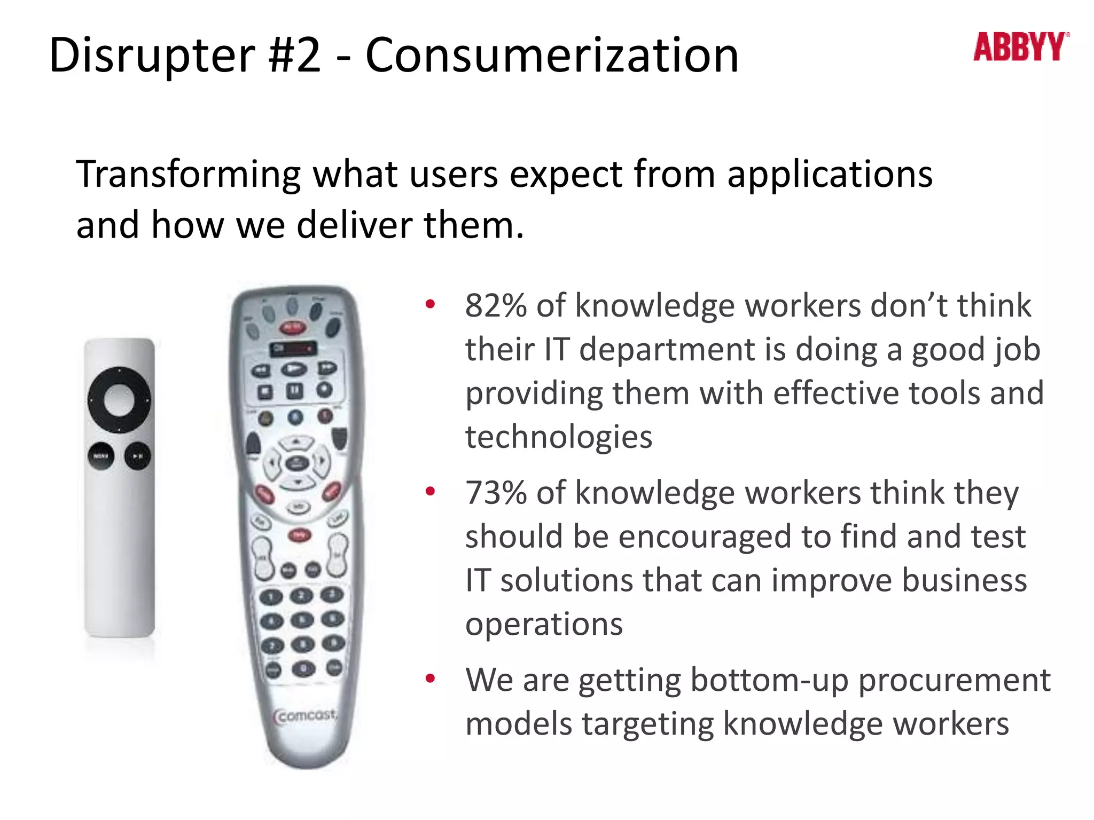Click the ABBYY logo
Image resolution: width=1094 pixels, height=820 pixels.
(1020, 47)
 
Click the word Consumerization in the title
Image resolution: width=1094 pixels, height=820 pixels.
(552, 56)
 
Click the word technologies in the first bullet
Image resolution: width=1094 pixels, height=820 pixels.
(559, 437)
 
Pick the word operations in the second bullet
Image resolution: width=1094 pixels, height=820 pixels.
(544, 624)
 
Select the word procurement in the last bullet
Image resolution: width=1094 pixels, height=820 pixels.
(954, 680)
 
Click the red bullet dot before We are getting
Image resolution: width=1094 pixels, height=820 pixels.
(430, 679)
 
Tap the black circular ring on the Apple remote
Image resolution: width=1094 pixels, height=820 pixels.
(119, 376)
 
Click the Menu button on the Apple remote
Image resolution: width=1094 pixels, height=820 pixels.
(101, 456)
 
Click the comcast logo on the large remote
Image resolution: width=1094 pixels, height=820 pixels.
(306, 715)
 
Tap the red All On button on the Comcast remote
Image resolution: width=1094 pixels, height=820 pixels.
(292, 327)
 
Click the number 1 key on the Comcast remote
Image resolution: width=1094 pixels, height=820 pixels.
(271, 596)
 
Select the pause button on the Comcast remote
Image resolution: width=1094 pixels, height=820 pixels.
(294, 391)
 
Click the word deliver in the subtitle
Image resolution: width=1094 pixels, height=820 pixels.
(354, 226)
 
